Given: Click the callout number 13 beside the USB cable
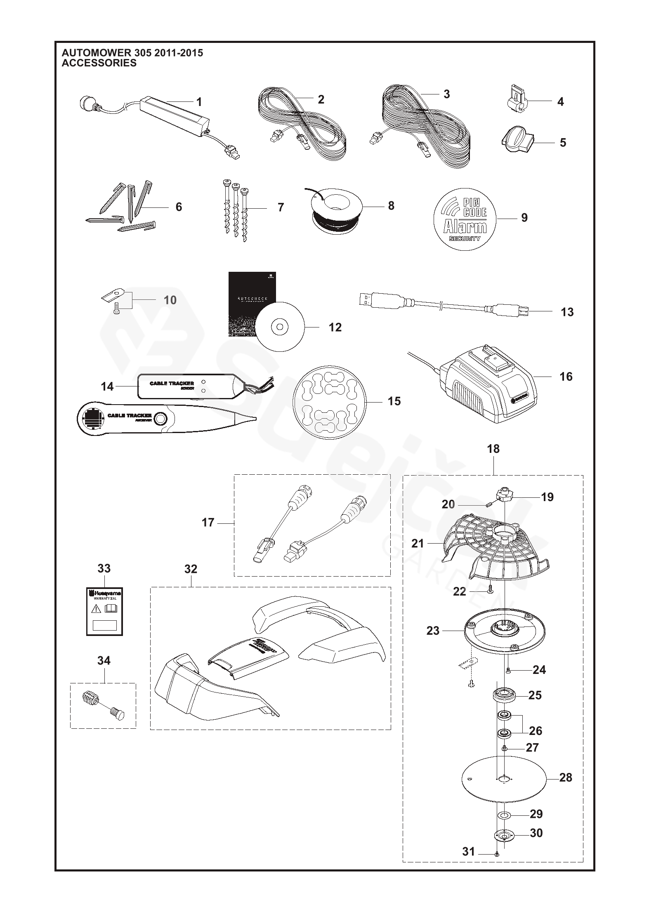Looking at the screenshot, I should pyautogui.click(x=567, y=312).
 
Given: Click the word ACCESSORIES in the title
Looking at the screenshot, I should pyautogui.click(x=99, y=63).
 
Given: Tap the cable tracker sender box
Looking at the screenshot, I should pyautogui.click(x=186, y=386).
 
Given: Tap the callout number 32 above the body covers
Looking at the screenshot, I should pyautogui.click(x=191, y=570).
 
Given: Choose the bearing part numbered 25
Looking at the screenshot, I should pyautogui.click(x=504, y=695).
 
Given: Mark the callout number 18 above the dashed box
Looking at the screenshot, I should pyautogui.click(x=493, y=449).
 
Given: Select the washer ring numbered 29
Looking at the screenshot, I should pyautogui.click(x=504, y=814).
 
